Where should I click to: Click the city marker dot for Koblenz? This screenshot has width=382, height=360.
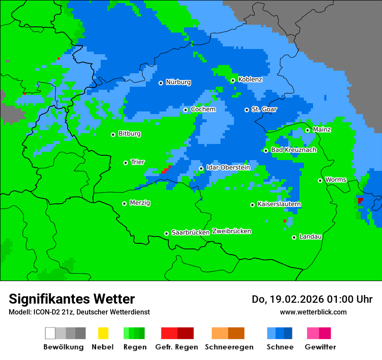click(233, 80)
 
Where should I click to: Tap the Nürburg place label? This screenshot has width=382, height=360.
click(178, 82)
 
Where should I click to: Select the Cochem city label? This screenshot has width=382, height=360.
click(203, 109)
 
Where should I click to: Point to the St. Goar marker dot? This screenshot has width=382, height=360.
click(247, 110)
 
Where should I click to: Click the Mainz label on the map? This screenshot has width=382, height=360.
click(322, 130)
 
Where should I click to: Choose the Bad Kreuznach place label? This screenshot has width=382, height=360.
click(293, 150)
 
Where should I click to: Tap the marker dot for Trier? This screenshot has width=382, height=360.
click(125, 163)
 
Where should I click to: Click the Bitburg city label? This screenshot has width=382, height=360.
click(129, 134)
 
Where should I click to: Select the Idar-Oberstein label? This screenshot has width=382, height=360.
click(228, 167)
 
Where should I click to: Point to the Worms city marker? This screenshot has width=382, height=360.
click(320, 180)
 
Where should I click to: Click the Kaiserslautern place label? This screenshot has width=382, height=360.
click(279, 204)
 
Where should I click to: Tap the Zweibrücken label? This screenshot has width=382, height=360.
click(231, 231)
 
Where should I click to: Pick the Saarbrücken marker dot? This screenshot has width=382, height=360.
click(166, 233)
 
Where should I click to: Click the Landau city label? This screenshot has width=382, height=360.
click(310, 237)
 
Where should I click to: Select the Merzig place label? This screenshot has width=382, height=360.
click(140, 203)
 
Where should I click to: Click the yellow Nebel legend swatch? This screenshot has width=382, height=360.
click(103, 333)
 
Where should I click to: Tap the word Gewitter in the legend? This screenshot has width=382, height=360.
click(320, 347)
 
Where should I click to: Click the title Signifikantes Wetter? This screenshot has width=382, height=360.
click(72, 299)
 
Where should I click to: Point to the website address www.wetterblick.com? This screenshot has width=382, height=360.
click(313, 312)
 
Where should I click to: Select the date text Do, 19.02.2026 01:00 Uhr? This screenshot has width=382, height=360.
click(312, 299)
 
